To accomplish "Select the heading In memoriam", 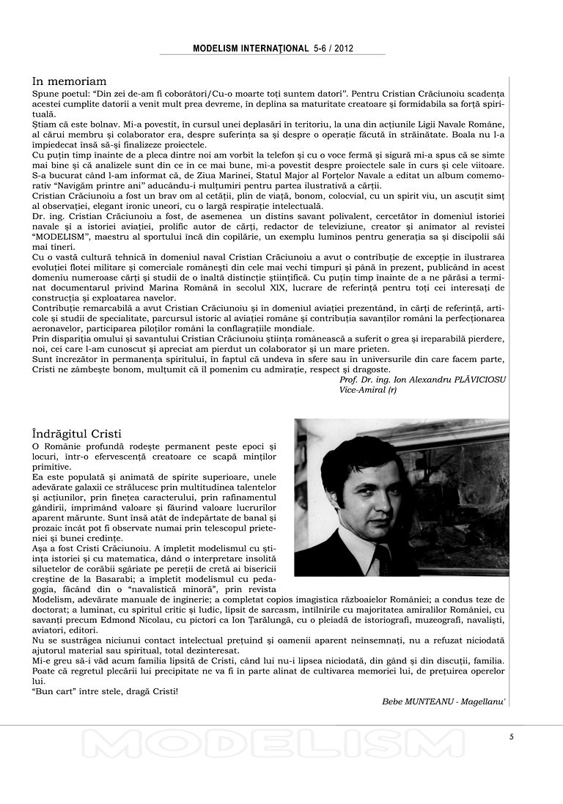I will [70, 81].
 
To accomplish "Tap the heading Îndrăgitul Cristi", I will [77, 433].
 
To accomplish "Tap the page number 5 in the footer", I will [512, 737].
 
